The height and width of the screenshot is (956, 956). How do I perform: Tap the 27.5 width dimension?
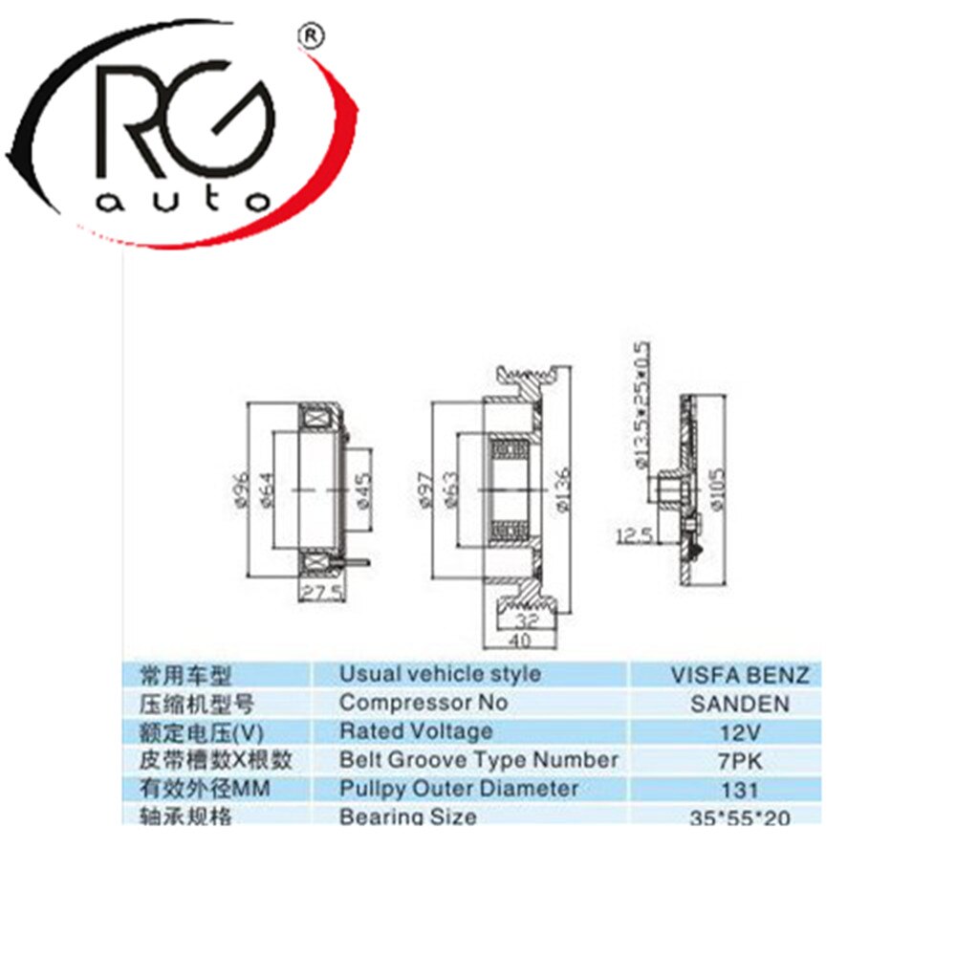pos(323,594)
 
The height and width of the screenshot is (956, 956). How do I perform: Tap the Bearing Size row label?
pos(408,817)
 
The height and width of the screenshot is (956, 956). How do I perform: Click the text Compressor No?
pos(424,703)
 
